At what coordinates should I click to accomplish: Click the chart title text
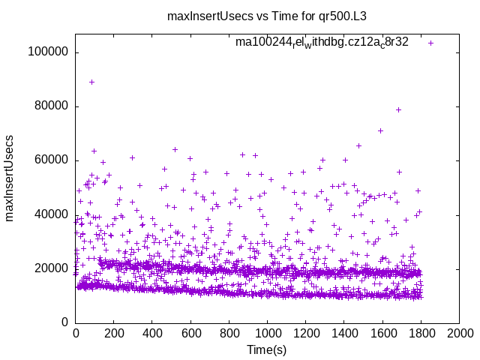tap(277, 15)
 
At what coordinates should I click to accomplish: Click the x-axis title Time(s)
tap(267, 350)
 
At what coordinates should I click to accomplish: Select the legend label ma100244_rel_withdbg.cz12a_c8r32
tap(322, 43)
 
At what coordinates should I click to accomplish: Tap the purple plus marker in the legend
tap(430, 43)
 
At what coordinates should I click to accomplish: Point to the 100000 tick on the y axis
tap(47, 52)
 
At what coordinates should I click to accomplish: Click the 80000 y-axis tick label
tap(50, 106)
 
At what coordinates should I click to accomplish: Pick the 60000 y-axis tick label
tap(50, 160)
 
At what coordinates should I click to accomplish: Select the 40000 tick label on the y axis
tap(50, 214)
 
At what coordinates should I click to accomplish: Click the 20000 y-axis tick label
tap(50, 268)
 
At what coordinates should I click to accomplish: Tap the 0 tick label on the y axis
tap(65, 322)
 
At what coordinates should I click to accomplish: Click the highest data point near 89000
tap(91, 82)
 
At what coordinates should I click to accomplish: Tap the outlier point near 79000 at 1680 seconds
tap(398, 109)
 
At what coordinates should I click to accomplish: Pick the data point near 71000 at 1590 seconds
tap(380, 130)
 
